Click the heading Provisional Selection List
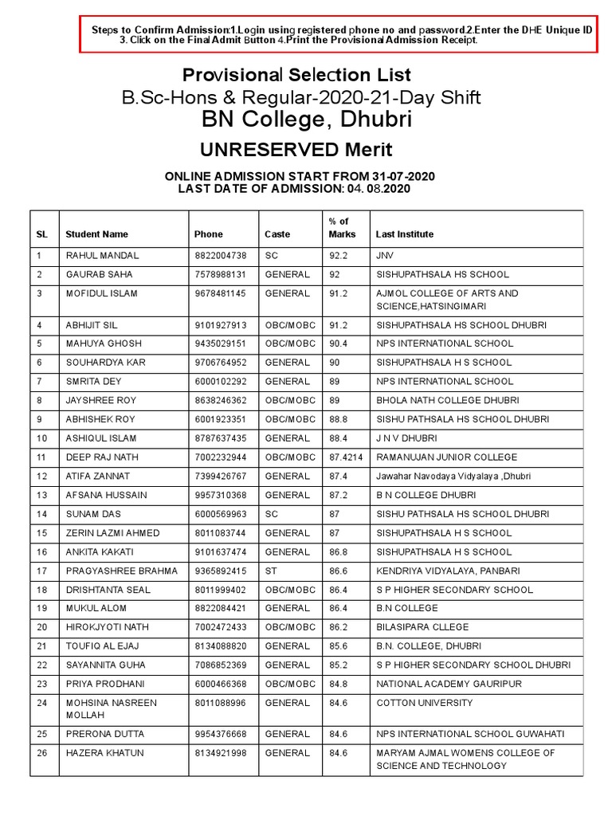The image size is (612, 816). tap(296, 75)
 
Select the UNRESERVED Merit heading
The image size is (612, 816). tap(296, 150)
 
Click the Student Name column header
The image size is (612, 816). tap(96, 234)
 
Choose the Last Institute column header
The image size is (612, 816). tap(405, 234)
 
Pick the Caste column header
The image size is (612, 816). tap(277, 234)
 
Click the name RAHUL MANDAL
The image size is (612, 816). tap(102, 256)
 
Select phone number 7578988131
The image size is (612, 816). tap(221, 275)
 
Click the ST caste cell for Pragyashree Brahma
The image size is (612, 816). tap(271, 571)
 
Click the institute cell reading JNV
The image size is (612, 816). tap(385, 256)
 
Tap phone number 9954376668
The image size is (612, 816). tap(221, 734)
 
